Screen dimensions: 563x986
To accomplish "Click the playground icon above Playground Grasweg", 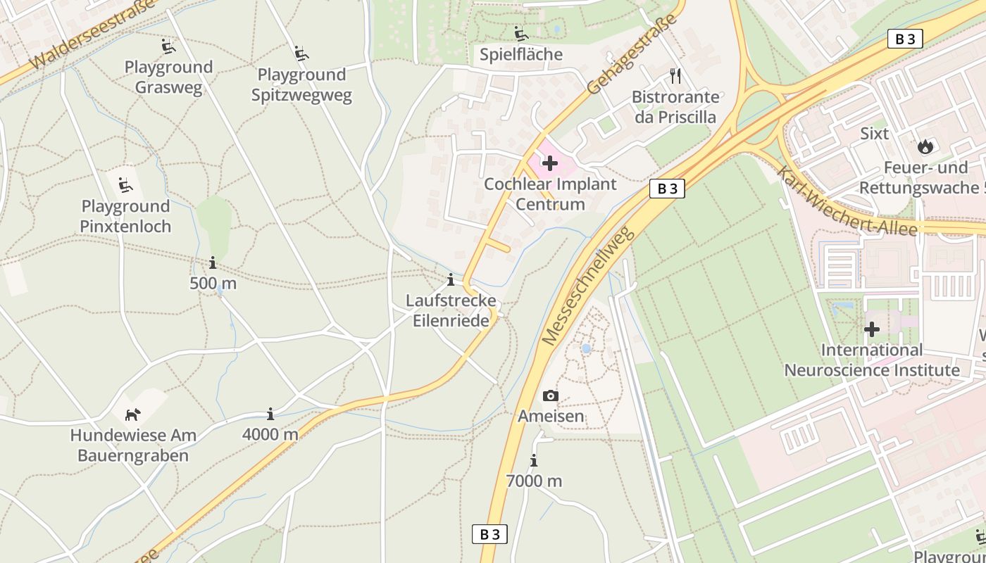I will [168, 47].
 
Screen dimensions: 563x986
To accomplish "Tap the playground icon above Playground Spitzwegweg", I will [301, 53].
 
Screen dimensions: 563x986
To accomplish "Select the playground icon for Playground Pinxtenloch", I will [125, 186].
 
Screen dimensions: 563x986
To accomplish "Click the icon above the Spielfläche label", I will [521, 34].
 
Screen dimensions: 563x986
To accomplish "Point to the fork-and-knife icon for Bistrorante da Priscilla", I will [675, 76].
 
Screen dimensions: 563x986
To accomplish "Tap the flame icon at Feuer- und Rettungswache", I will [925, 147].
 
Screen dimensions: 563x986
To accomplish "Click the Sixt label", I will [874, 134].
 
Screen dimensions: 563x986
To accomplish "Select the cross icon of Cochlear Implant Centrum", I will [549, 164].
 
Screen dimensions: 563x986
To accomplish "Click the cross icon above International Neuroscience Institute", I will [872, 329].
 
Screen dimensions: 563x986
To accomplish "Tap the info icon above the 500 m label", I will [213, 263].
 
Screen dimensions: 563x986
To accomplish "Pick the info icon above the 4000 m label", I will [270, 414].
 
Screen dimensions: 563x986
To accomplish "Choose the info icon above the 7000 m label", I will [534, 461].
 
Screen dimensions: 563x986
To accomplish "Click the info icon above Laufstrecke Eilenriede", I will [451, 280].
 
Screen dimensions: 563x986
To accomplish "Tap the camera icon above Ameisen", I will [551, 396].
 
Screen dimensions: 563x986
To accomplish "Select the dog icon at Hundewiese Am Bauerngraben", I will [132, 415].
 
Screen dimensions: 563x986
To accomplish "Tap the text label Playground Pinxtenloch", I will [125, 216].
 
